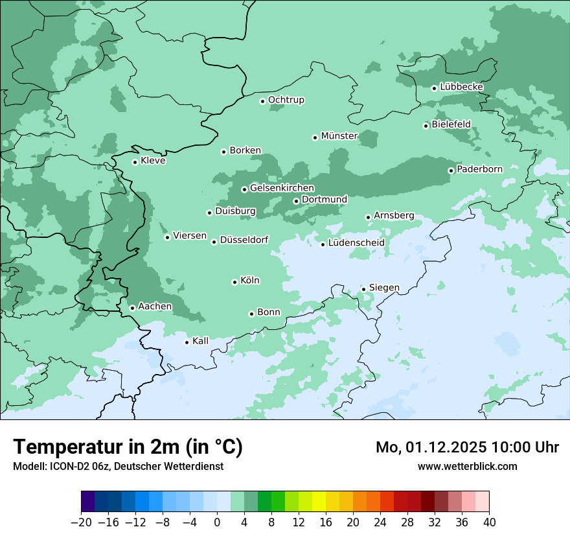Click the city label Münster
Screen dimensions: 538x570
(x=339, y=136)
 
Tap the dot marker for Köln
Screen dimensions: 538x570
(x=235, y=282)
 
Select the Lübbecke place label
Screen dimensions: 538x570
(x=461, y=87)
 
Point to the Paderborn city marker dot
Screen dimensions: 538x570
(x=451, y=170)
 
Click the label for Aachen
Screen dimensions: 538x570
(x=155, y=307)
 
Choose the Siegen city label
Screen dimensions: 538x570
(x=384, y=288)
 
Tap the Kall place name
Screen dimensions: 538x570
(x=201, y=341)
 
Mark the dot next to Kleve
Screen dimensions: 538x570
(x=135, y=162)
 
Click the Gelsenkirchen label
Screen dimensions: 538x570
(x=282, y=188)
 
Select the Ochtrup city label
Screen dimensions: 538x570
(x=286, y=100)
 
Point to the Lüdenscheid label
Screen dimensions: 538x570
(x=356, y=243)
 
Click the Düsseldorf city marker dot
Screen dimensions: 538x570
(x=214, y=242)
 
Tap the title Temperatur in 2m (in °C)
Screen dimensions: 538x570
(x=128, y=447)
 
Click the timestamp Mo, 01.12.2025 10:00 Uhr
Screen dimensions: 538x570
(x=467, y=447)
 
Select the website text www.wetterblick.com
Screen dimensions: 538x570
(x=467, y=466)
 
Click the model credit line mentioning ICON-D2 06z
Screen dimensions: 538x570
(x=117, y=466)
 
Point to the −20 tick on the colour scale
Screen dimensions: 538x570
(x=81, y=522)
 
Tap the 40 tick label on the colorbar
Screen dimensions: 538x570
(x=489, y=522)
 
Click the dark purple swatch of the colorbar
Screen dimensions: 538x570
(x=88, y=502)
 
